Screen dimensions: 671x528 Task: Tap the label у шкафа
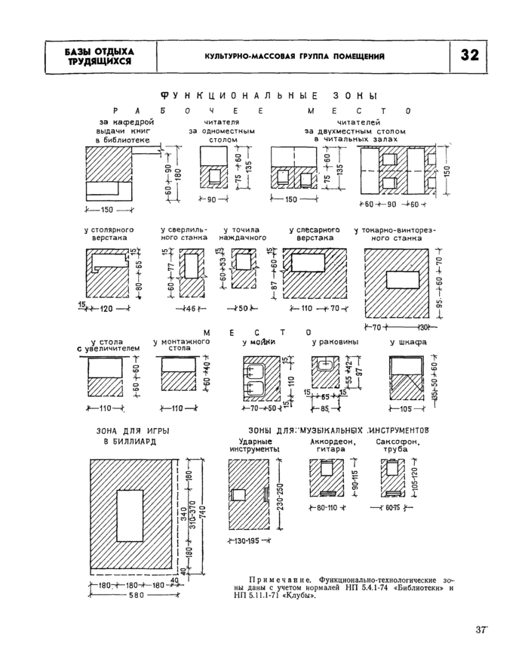pos(408,342)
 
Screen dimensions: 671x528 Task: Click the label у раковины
pos(335,342)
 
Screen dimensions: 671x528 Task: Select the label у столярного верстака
pos(109,233)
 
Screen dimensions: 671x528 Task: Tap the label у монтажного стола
pos(180,346)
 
